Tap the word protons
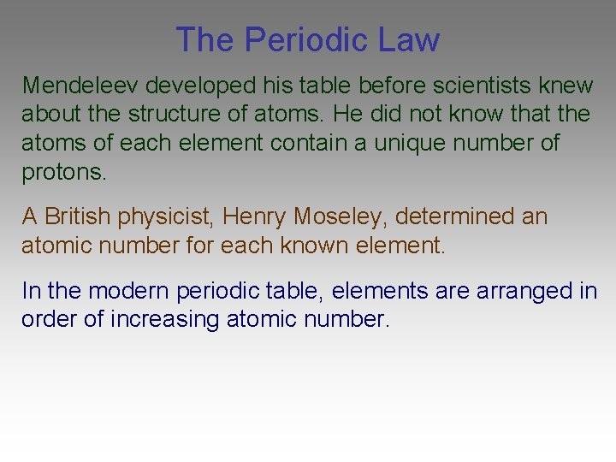pos(64,172)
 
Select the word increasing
pos(168,320)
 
